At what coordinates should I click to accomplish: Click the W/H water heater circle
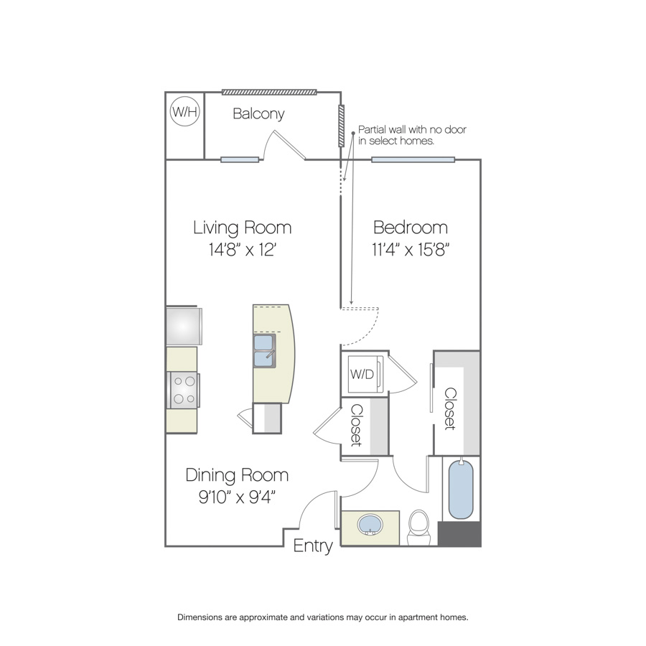click(x=185, y=111)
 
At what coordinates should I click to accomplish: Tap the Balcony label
click(x=258, y=113)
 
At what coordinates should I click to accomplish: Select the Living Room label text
click(x=243, y=228)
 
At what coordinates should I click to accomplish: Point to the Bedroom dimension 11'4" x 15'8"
click(x=411, y=250)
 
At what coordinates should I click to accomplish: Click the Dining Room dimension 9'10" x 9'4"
click(x=237, y=497)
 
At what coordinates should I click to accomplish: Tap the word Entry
click(x=313, y=546)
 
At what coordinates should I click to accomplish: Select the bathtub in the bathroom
click(x=461, y=489)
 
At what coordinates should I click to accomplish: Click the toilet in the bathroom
click(x=418, y=527)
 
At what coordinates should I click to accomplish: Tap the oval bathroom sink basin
click(x=370, y=525)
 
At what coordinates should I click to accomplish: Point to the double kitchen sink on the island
click(x=264, y=351)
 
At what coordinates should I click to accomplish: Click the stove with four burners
click(x=183, y=390)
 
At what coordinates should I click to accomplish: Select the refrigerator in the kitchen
click(x=184, y=326)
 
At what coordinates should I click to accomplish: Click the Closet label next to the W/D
click(x=356, y=426)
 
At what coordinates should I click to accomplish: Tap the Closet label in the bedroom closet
click(x=450, y=408)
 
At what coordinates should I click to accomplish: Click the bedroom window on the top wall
click(x=413, y=159)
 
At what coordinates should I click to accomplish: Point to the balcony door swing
click(x=284, y=145)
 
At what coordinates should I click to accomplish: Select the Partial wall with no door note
click(x=412, y=135)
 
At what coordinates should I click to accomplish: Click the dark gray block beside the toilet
click(x=459, y=534)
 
